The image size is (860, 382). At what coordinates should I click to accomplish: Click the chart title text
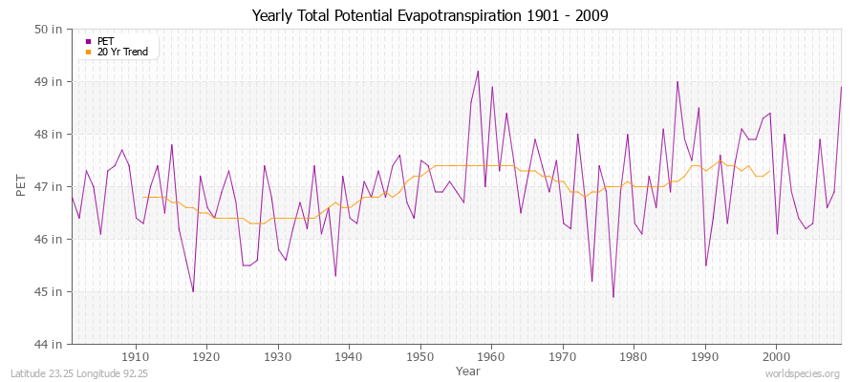pos(429,15)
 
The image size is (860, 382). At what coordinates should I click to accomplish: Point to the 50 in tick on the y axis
pos(50,29)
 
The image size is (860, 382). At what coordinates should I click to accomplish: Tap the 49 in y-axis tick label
pos(50,81)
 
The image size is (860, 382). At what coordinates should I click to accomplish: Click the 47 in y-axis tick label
pos(50,186)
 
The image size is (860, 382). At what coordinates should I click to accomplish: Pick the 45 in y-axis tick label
pos(50,291)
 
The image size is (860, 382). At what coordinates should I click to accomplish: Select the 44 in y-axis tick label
pos(50,344)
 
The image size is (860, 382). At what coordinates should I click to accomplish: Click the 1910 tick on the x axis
pos(136,357)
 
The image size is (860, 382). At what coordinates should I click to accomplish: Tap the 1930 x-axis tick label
pos(278,357)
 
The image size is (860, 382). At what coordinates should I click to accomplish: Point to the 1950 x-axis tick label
pos(420,357)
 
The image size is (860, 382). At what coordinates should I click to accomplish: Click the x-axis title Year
pos(468,370)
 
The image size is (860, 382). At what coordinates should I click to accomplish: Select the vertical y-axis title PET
pos(21,186)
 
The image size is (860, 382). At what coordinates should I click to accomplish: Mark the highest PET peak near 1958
pos(478,71)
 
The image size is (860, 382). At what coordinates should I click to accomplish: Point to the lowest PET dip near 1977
pos(613,297)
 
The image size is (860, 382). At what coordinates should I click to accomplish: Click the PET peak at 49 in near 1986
pos(677,81)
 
